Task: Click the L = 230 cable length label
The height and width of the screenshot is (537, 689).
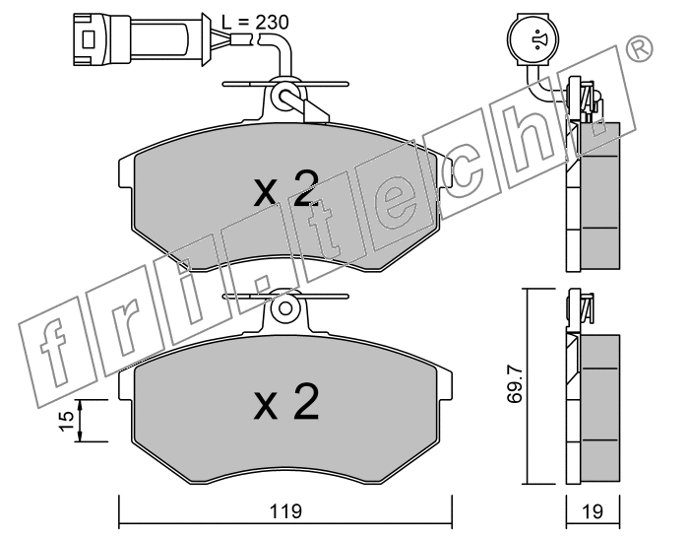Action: (255, 22)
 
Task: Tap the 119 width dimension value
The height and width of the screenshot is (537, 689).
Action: (285, 511)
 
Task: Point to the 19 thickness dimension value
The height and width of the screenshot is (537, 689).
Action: (593, 511)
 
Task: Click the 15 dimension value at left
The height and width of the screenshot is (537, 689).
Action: (67, 421)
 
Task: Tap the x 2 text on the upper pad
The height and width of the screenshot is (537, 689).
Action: (286, 189)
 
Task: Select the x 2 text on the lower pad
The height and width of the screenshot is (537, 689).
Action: (286, 401)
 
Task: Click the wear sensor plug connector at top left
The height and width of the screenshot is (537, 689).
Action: (140, 39)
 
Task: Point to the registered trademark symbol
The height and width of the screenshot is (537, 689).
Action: (640, 48)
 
